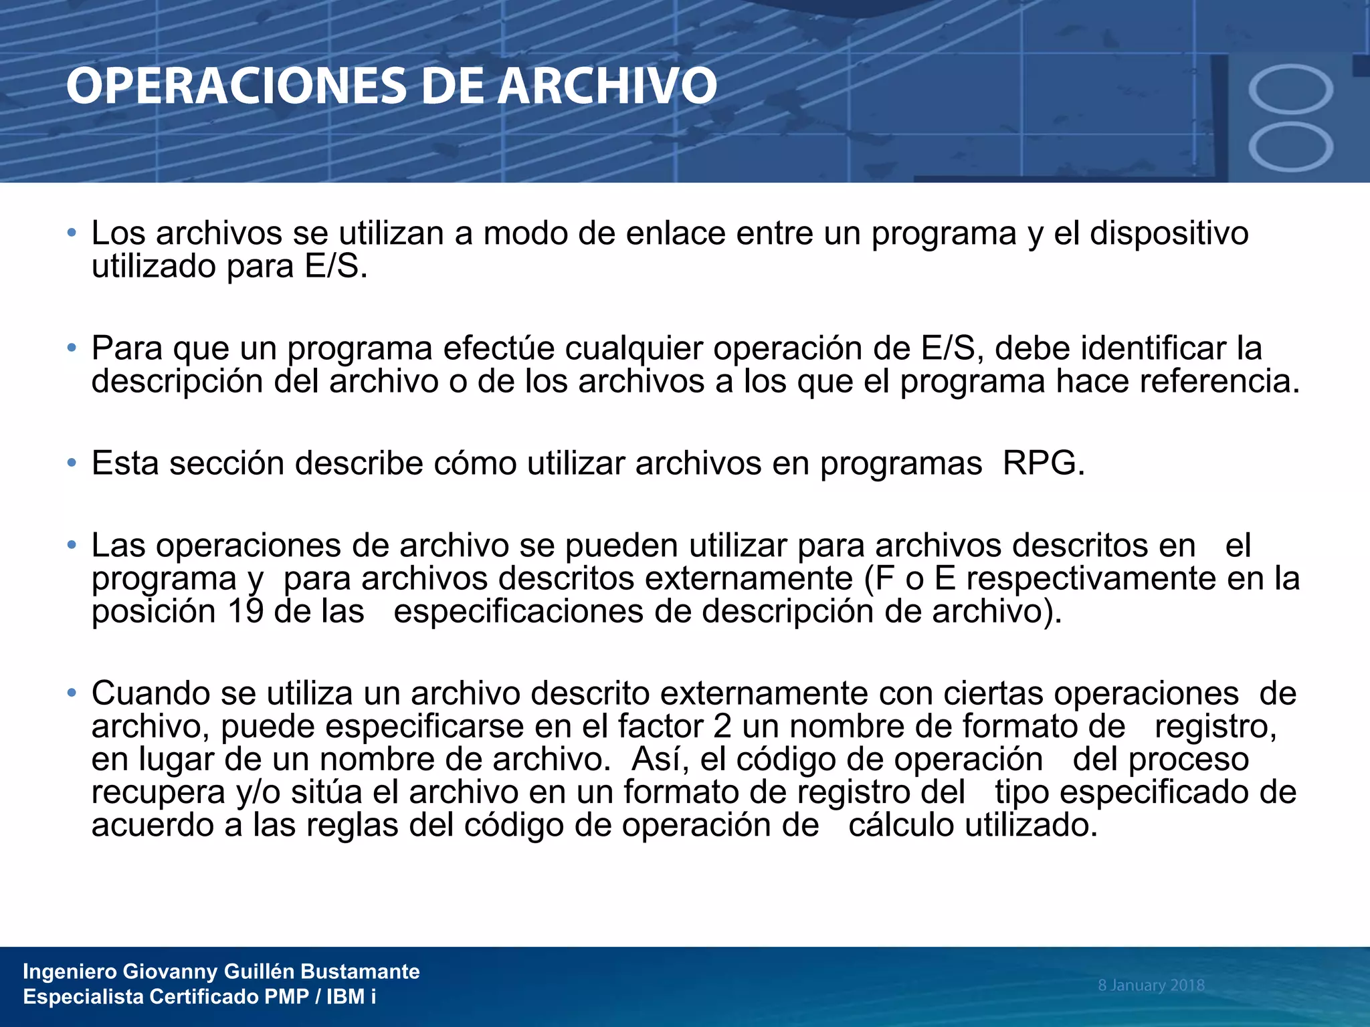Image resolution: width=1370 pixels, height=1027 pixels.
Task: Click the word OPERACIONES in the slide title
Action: tap(235, 87)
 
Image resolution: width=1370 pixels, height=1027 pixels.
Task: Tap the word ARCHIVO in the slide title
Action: tap(607, 87)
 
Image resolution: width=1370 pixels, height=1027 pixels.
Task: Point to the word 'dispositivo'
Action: tap(1169, 233)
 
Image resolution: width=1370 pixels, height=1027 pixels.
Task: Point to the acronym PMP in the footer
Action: tap(286, 997)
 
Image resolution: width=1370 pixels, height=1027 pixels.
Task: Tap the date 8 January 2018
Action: tap(1151, 985)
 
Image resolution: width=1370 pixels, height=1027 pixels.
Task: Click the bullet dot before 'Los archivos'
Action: tap(72, 233)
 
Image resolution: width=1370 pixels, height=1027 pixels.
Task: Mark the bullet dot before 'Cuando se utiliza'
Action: tap(72, 693)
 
